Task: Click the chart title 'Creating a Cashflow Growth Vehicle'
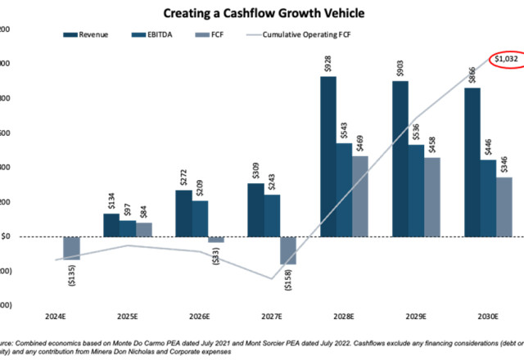pyautogui.click(x=264, y=13)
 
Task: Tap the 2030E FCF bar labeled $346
pyautogui.click(x=504, y=207)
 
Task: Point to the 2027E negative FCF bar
pyautogui.click(x=288, y=250)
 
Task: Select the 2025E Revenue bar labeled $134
pyautogui.click(x=111, y=225)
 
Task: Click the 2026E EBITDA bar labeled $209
pyautogui.click(x=199, y=218)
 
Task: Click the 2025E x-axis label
pyautogui.click(x=127, y=315)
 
